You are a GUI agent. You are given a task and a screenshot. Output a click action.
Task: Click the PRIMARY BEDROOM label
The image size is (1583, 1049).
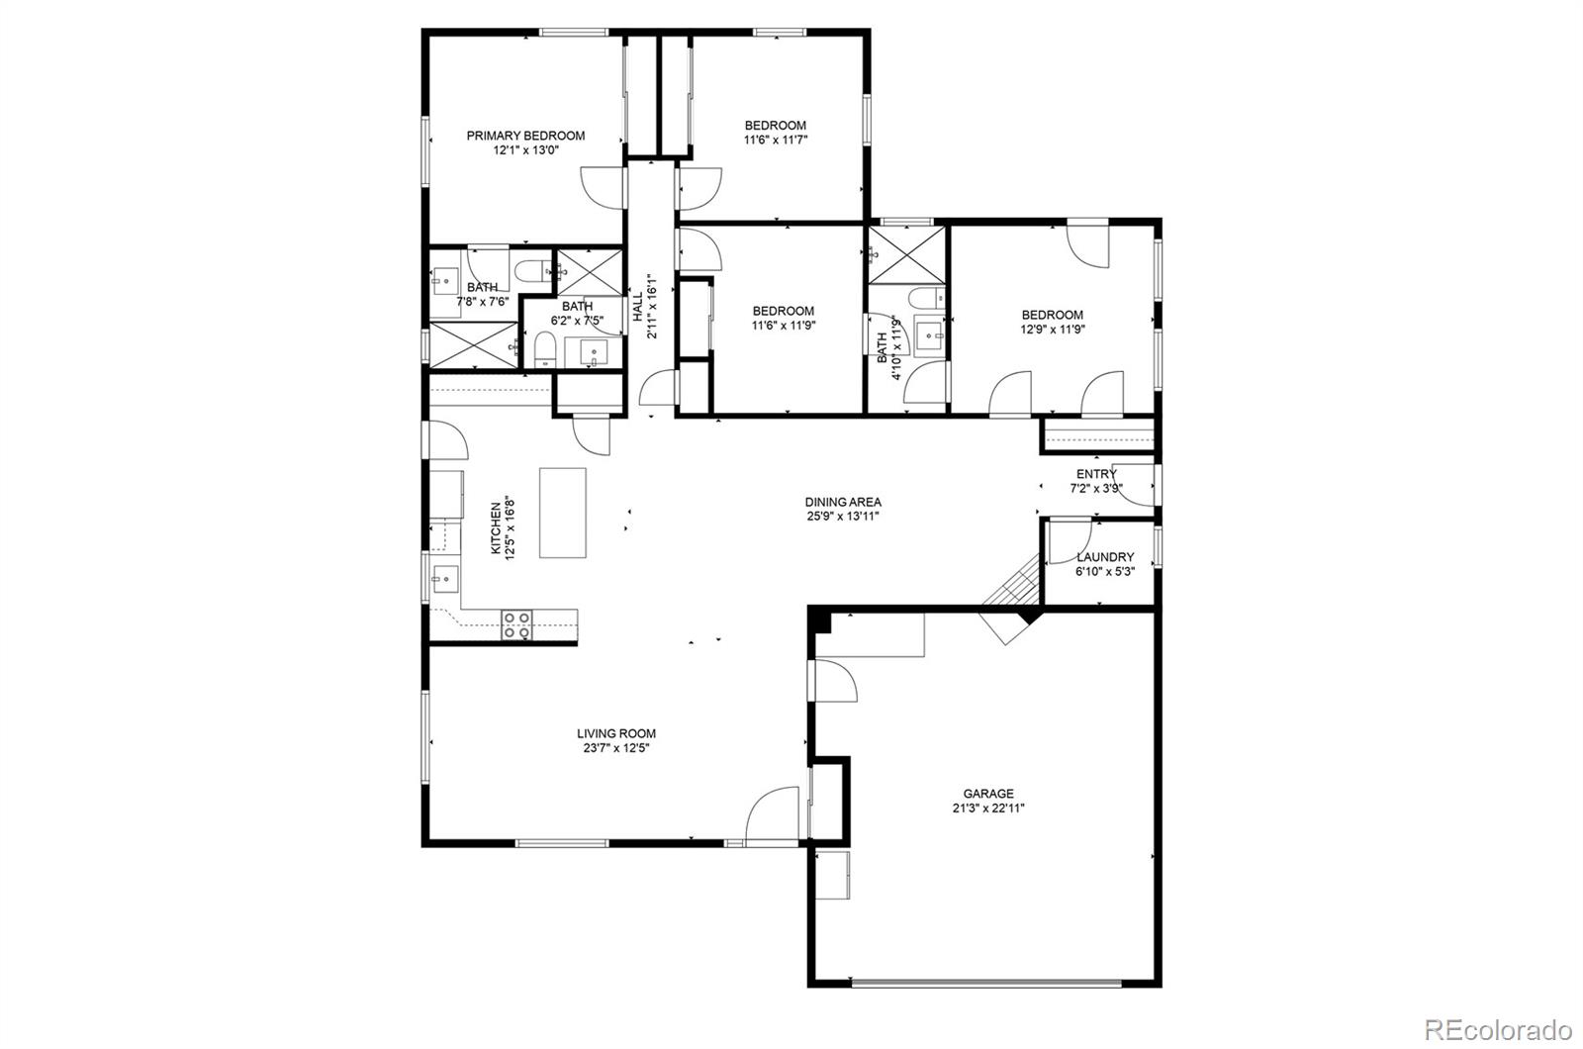(x=525, y=136)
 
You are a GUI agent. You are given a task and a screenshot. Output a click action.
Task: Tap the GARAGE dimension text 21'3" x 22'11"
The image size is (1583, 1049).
(x=988, y=808)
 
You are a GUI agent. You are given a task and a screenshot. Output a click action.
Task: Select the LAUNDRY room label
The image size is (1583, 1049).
(x=1104, y=557)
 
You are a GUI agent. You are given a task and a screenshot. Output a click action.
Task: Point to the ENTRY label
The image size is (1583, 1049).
(x=1096, y=474)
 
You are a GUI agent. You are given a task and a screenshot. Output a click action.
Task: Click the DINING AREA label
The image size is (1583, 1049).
(x=842, y=502)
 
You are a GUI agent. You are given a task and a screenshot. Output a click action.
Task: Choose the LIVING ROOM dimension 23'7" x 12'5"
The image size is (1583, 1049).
(x=615, y=748)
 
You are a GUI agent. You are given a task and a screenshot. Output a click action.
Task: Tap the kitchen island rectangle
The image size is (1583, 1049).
(x=562, y=513)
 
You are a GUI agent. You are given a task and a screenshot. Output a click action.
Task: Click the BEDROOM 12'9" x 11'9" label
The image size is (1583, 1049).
(x=1052, y=315)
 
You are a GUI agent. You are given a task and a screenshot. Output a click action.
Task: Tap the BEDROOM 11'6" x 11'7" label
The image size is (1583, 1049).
(x=775, y=126)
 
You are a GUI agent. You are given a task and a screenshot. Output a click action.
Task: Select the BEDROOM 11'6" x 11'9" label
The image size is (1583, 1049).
(x=783, y=311)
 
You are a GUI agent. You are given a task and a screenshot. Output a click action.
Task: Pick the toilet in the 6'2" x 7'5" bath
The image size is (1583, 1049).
(x=544, y=349)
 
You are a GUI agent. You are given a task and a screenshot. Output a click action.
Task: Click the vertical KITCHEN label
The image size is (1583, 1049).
(x=496, y=529)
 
